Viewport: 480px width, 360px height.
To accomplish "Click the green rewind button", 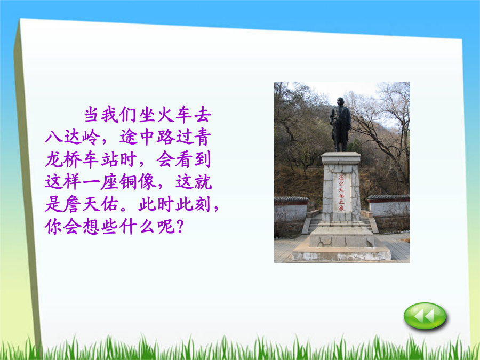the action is [425, 316].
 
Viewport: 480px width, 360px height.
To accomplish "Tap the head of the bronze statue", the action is [340, 101].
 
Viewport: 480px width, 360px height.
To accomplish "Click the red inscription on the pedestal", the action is [341, 192].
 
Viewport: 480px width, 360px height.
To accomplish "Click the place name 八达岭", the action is [73, 137].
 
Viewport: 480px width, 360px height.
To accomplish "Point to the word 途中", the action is [138, 137].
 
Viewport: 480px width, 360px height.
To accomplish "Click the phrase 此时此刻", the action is [174, 204].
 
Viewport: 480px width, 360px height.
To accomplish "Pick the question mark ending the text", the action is [180, 227].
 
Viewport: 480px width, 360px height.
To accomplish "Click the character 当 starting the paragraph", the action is [91, 115].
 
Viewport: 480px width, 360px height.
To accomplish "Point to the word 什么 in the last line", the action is [138, 227].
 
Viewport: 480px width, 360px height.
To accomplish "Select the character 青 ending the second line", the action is [203, 137].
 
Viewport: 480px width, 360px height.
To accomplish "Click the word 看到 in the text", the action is [193, 159].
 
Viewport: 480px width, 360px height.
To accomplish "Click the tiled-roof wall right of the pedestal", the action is [388, 205].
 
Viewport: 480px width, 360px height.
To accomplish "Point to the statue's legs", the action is [341, 141].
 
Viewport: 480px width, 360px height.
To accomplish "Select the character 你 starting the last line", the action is [53, 227].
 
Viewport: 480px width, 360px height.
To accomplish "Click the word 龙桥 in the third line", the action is [63, 159].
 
